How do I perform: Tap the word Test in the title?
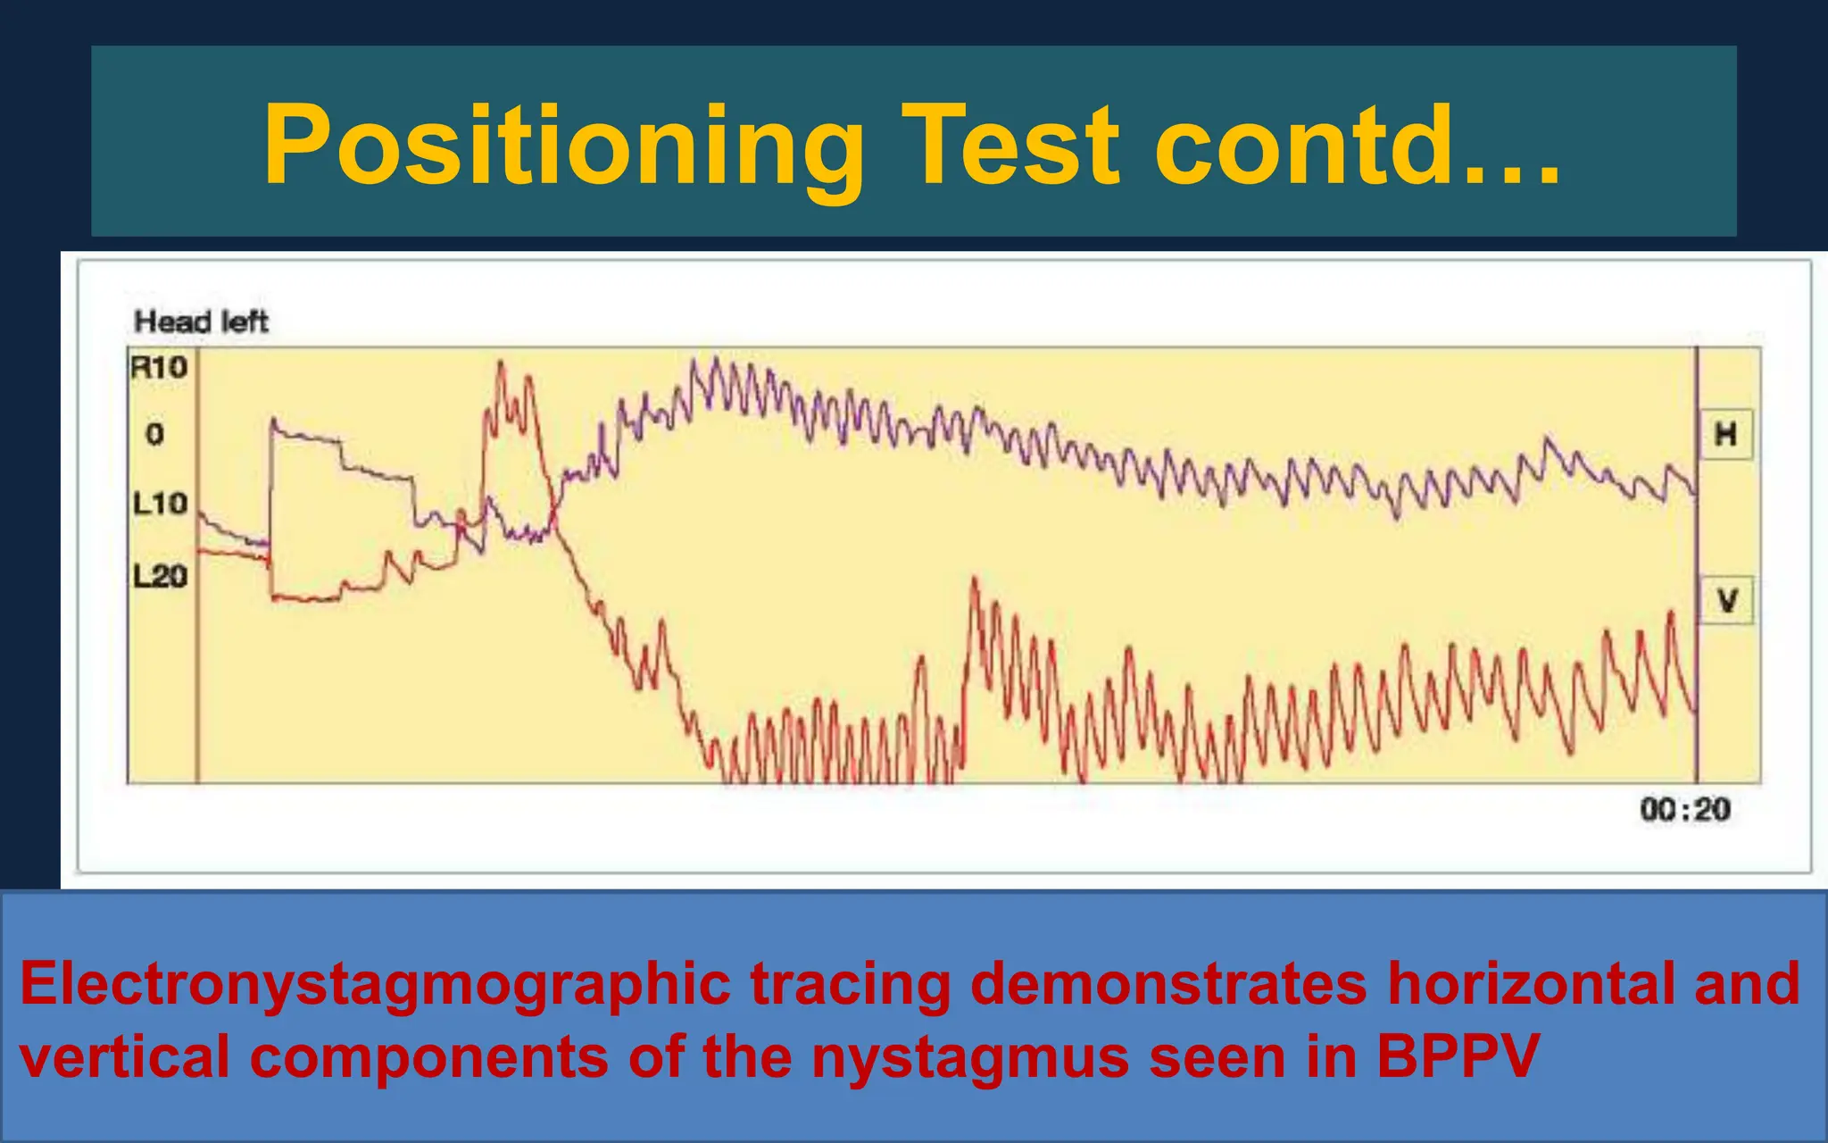point(1009,145)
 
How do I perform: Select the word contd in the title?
point(1303,145)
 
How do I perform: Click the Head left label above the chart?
point(201,321)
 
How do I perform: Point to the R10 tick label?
point(159,367)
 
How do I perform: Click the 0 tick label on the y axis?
point(154,435)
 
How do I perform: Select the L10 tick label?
point(160,504)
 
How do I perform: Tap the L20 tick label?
point(160,576)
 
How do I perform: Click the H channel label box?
point(1725,435)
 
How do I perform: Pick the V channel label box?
point(1726,600)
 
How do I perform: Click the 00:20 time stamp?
point(1684,810)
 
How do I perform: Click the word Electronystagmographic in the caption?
point(375,985)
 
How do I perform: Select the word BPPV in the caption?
point(1457,1057)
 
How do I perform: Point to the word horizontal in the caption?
point(1521,985)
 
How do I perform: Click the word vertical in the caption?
point(124,1057)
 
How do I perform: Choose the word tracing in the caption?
point(850,985)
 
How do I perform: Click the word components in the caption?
point(428,1057)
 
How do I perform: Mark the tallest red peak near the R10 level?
point(500,364)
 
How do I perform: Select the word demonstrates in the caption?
point(1167,985)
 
